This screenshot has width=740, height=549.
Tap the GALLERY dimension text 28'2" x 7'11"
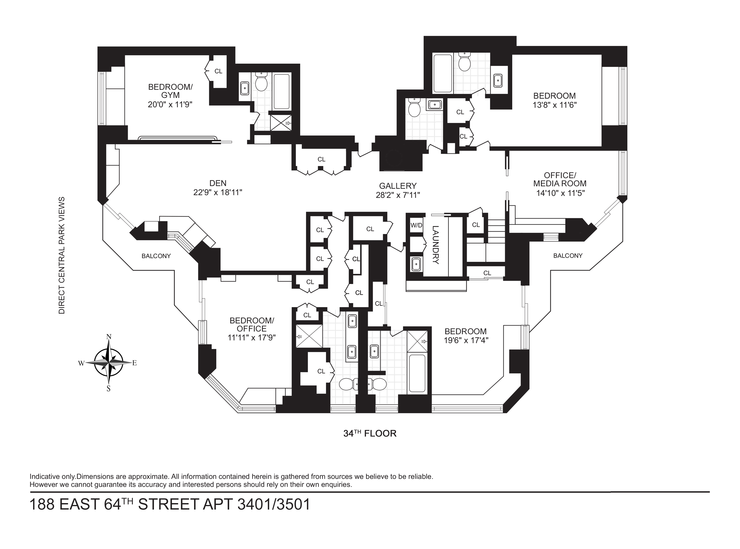pos(398,195)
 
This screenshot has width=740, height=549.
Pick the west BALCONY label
pos(156,256)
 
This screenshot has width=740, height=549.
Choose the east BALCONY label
pos(568,256)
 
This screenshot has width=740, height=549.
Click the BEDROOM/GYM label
pos(170,91)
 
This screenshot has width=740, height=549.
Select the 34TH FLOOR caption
pos(370,433)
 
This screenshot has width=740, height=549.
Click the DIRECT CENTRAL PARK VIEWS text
pos(62,255)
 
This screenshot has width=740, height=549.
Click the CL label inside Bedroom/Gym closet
pos(218,71)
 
